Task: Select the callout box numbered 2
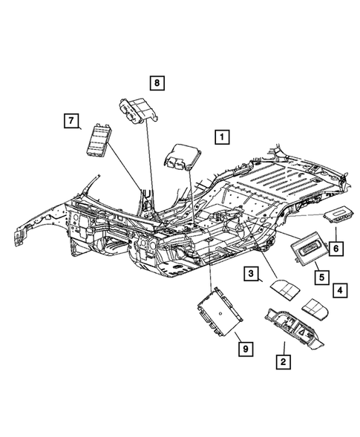[x=282, y=363]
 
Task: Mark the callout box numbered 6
[x=336, y=248]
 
